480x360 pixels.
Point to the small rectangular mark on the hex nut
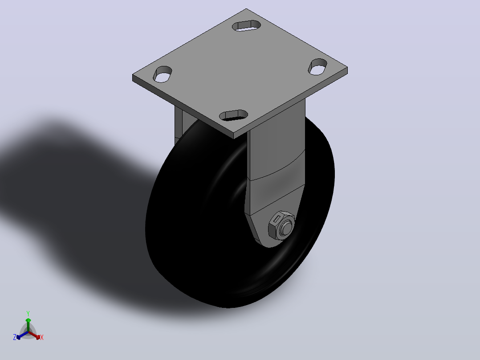pos(277,219)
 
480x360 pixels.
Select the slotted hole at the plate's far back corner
pos(246,25)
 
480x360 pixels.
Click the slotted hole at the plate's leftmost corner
pos(162,74)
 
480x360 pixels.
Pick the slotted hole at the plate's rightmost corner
pos(317,67)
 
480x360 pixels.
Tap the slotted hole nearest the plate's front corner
pos(234,115)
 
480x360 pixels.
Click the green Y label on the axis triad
pos(28,314)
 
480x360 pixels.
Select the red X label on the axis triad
pos(42,337)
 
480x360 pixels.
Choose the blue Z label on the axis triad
pos(15,337)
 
